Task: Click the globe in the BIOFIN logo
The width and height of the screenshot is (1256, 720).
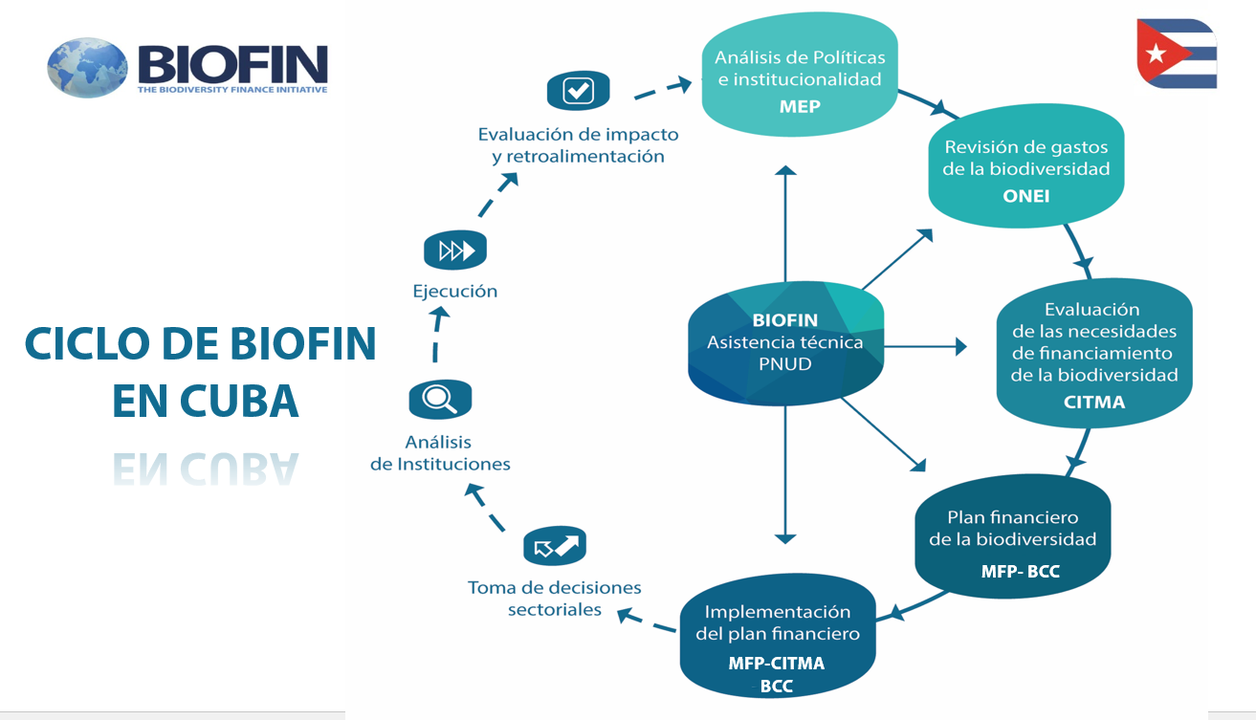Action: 87,67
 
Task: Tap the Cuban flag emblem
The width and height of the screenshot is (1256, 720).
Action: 1177,54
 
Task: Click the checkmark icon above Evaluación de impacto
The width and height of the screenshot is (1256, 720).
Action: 578,91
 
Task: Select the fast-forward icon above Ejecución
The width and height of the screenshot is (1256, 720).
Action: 455,251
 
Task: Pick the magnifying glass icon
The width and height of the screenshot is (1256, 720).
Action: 440,400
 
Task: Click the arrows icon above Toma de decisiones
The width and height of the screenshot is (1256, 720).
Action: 555,547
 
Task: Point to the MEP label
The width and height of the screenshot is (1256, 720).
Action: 800,106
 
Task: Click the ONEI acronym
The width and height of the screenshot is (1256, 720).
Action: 1026,196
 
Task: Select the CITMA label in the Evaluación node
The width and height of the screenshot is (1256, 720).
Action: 1094,402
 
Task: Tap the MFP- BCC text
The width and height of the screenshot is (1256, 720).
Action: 1020,572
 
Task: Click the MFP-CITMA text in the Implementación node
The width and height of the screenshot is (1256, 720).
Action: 777,663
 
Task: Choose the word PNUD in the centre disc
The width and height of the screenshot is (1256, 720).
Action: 784,363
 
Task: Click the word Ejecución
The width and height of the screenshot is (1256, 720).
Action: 455,292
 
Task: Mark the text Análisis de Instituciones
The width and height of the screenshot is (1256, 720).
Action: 440,453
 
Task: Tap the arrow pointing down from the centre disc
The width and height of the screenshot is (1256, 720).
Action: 785,478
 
